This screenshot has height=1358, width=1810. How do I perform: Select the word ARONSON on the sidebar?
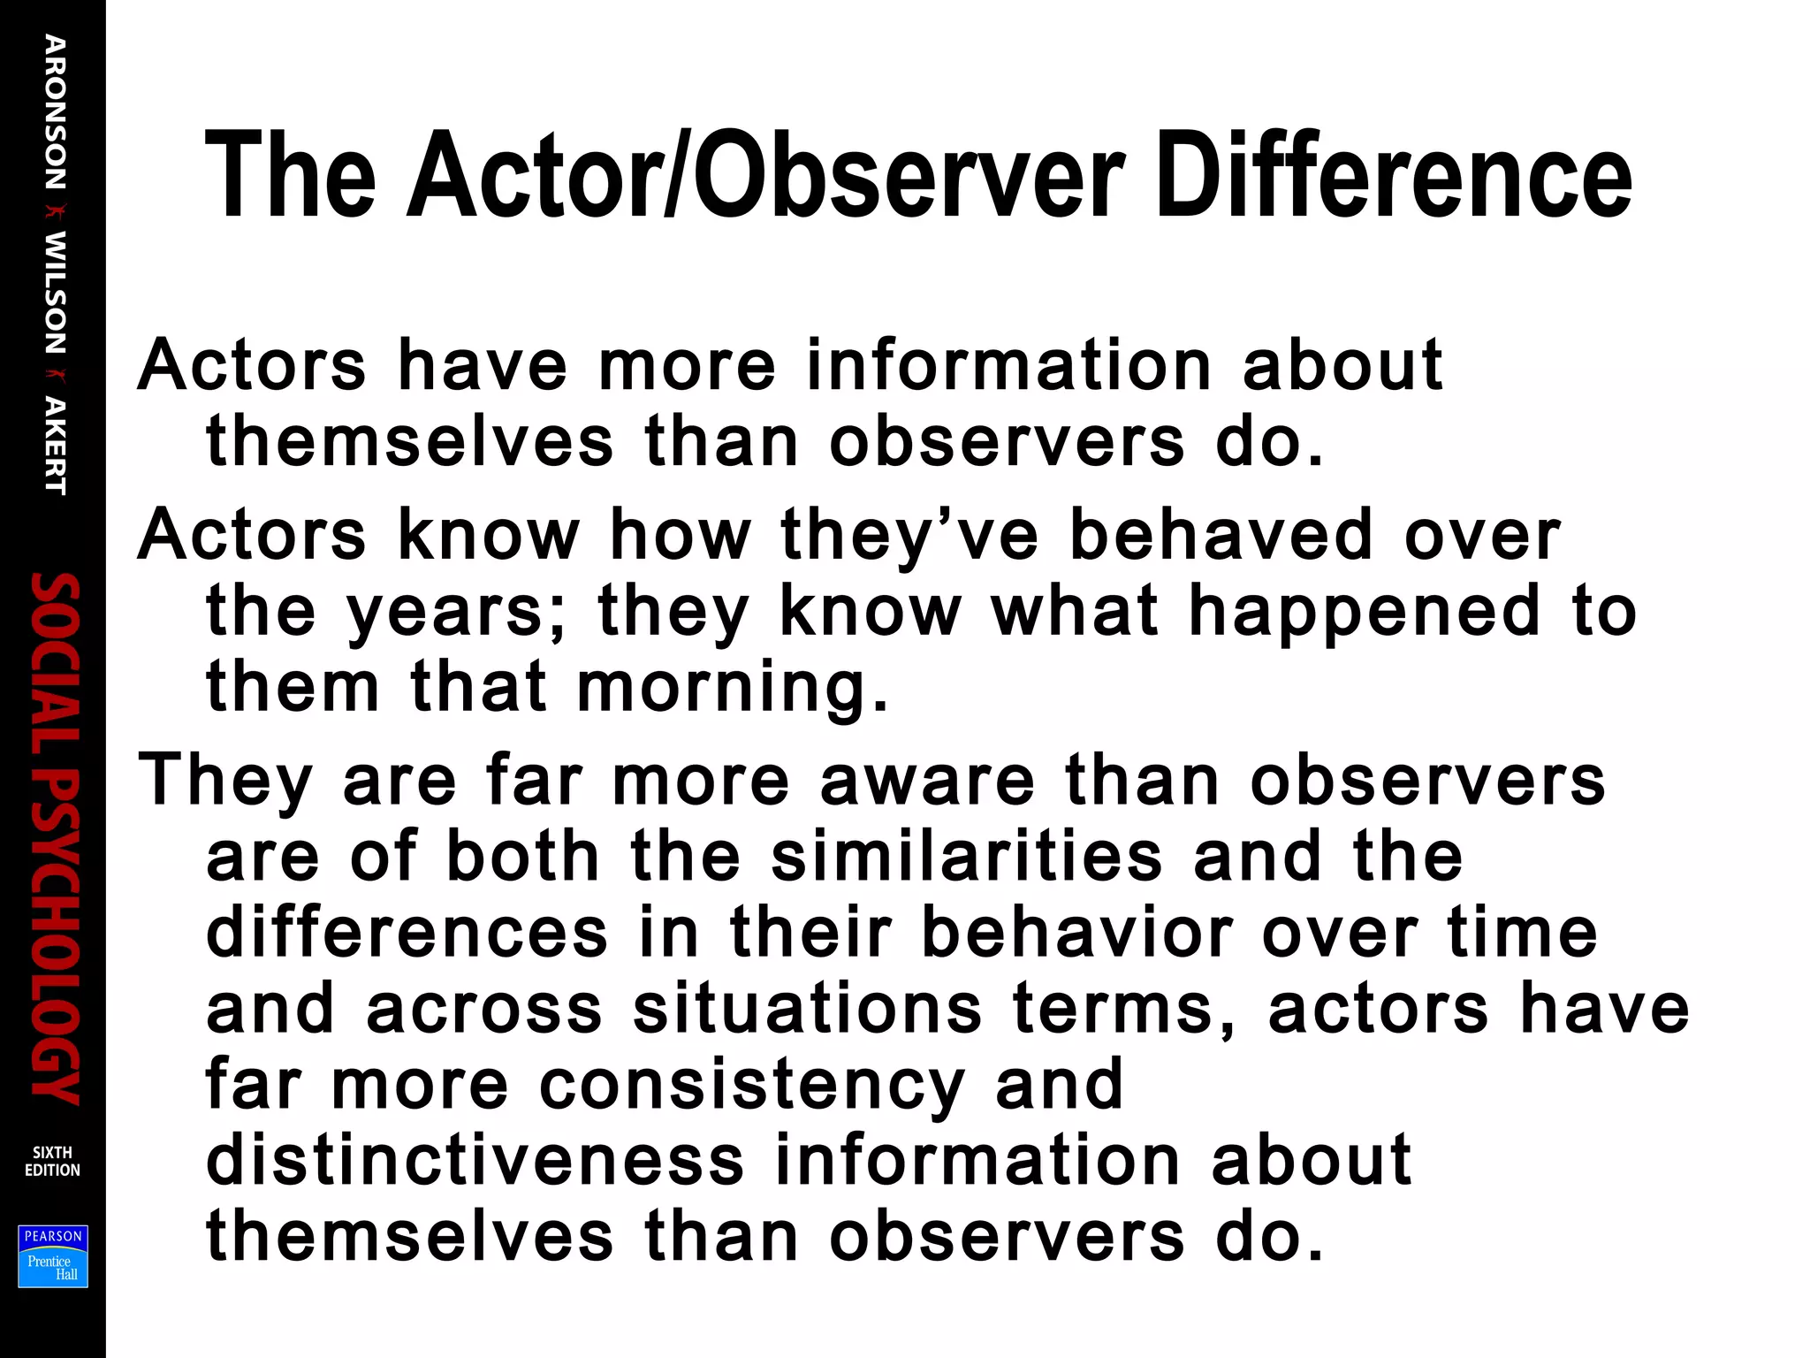(55, 112)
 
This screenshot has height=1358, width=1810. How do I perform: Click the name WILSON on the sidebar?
(55, 293)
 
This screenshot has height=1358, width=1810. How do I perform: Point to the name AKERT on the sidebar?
(55, 446)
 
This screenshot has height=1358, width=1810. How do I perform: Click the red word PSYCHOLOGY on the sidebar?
(55, 937)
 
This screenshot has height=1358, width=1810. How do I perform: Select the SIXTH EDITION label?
(52, 1161)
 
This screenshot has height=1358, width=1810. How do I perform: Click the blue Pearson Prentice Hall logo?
(53, 1255)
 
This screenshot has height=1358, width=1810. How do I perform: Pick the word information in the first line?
(1008, 364)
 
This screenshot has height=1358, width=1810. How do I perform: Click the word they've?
(909, 535)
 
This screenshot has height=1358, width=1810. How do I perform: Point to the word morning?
(733, 687)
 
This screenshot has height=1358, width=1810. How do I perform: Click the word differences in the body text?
(407, 933)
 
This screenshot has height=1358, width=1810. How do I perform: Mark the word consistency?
(752, 1085)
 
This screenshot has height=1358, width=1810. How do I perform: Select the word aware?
(927, 780)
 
